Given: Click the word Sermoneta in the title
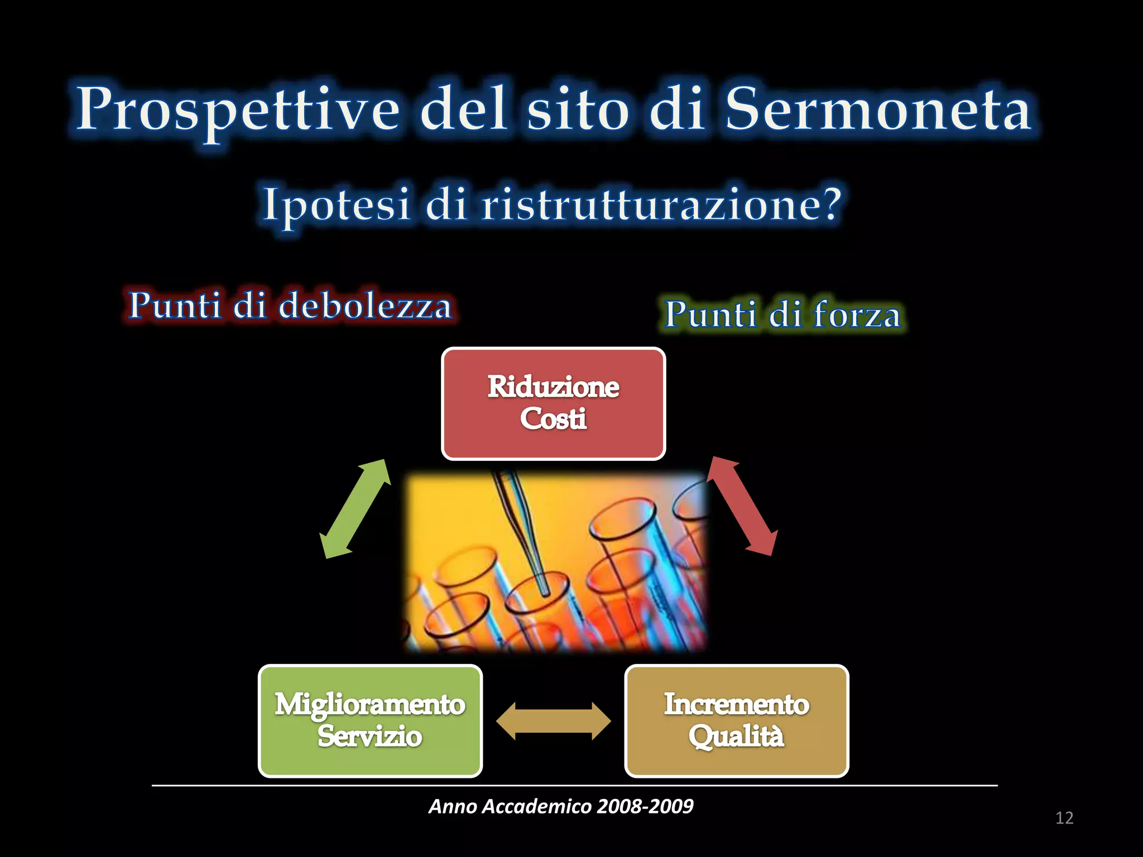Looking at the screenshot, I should [877, 110].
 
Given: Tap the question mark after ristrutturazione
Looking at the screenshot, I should [830, 204].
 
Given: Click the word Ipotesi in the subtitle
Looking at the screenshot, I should [337, 205].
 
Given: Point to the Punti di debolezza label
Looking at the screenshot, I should [290, 306].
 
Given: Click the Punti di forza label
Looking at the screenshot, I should [782, 314].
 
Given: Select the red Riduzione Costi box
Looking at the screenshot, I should [553, 403].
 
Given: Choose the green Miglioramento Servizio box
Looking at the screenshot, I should [370, 721].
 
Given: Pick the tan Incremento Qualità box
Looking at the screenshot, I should [736, 721].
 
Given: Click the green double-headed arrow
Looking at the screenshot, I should [354, 508].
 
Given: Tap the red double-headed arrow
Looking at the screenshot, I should [742, 506].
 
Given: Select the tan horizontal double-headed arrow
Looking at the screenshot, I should [553, 721].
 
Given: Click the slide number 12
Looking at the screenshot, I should [1064, 818].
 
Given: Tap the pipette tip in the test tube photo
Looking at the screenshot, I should [542, 589].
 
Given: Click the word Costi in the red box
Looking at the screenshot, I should [553, 419].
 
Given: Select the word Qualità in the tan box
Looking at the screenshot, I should [736, 736].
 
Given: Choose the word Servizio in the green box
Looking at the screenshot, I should [370, 736].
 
